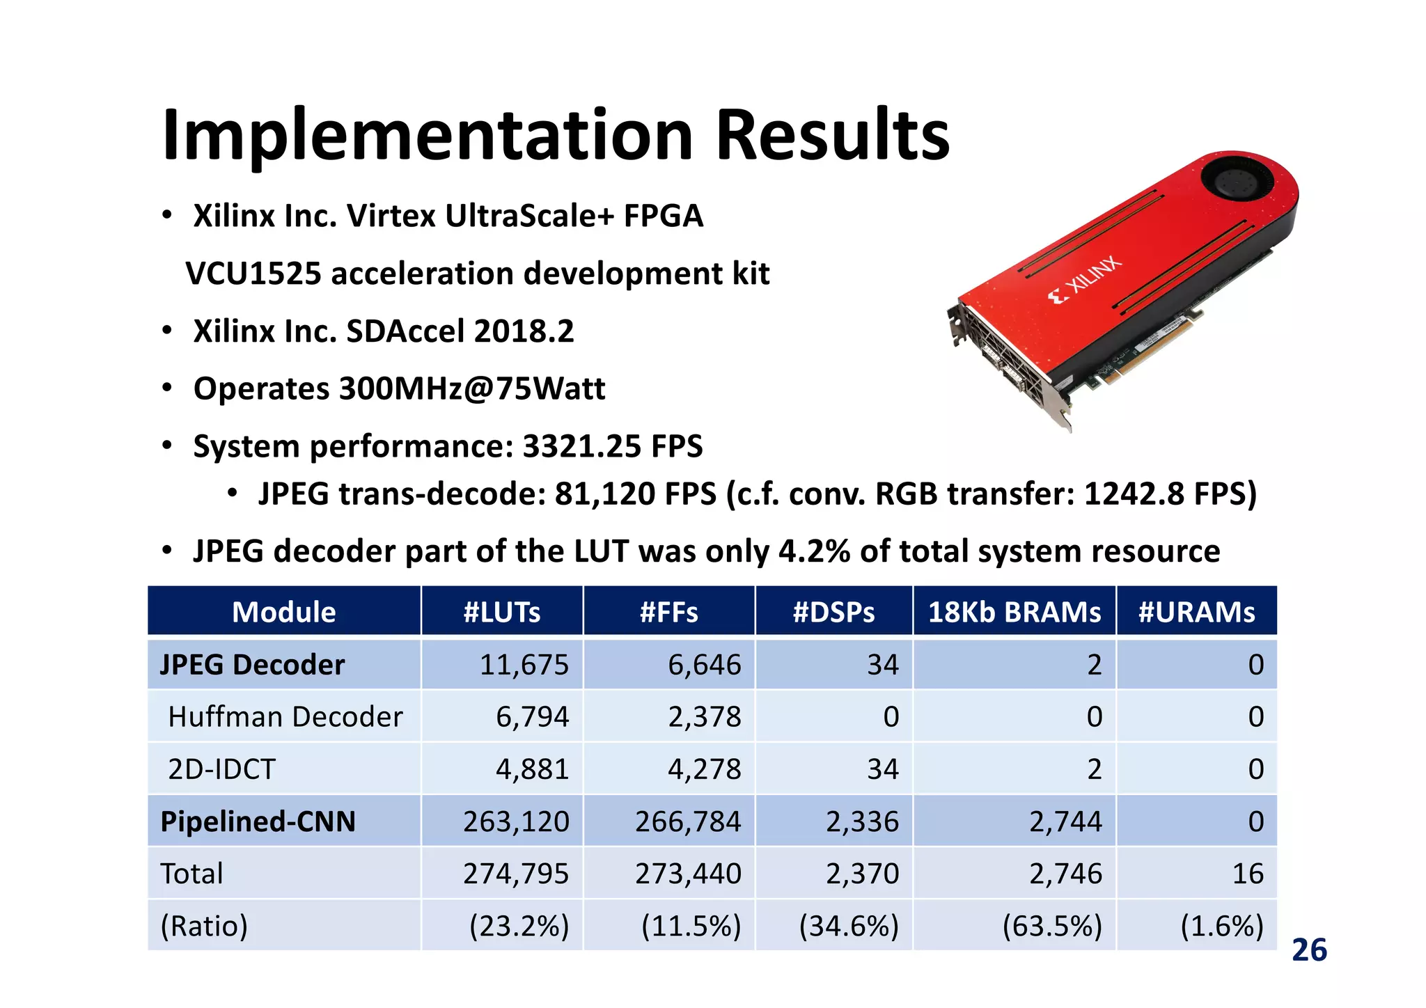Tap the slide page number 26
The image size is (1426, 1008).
[1309, 950]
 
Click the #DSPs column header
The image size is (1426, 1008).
[833, 612]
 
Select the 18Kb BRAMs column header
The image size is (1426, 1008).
[1014, 612]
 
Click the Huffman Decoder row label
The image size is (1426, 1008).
[285, 716]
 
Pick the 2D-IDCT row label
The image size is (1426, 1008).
[222, 769]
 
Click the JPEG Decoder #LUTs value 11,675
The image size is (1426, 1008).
[524, 664]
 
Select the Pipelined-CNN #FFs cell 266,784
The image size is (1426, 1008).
[687, 821]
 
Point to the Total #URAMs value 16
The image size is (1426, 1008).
[1247, 874]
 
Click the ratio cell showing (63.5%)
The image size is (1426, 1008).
[1052, 926]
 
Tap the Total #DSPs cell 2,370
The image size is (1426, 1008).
[862, 874]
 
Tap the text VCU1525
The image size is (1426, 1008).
[253, 274]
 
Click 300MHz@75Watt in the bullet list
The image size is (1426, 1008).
[471, 388]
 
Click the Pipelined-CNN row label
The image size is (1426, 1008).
[258, 821]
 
